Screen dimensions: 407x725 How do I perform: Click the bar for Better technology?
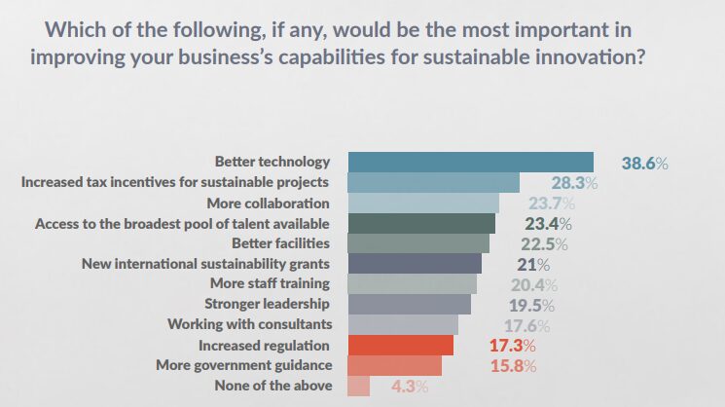(470, 163)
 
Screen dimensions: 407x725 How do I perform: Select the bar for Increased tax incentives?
(433, 182)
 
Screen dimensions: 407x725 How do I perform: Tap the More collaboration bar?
(423, 203)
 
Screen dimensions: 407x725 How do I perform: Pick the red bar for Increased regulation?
(401, 346)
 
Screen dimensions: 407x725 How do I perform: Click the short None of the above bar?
(358, 387)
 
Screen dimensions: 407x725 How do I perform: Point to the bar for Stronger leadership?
(409, 305)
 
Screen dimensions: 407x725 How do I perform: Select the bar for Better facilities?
(418, 243)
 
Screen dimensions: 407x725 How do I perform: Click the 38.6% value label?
(644, 164)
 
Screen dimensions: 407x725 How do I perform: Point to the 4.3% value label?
(409, 387)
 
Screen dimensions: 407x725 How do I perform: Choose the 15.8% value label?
(512, 366)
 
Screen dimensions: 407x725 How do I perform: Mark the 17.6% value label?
(526, 325)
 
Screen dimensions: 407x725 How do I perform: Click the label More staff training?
(270, 284)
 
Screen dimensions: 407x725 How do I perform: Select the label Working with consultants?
(249, 324)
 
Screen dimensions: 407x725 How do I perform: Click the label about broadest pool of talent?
(182, 223)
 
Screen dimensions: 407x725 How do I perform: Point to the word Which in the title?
(87, 26)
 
